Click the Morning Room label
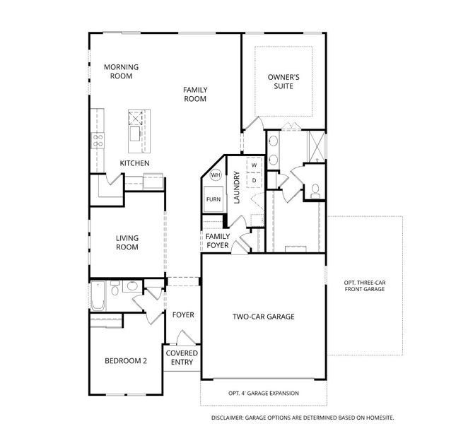[121, 71]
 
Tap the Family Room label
[194, 94]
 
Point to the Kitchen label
[134, 163]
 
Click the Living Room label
[127, 242]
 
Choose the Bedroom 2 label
[126, 360]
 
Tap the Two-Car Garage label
[264, 317]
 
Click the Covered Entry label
[182, 358]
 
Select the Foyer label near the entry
[183, 314]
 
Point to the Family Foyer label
[217, 241]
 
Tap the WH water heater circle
[215, 175]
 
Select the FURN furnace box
[214, 199]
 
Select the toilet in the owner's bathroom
[315, 189]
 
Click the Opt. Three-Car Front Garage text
[366, 285]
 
